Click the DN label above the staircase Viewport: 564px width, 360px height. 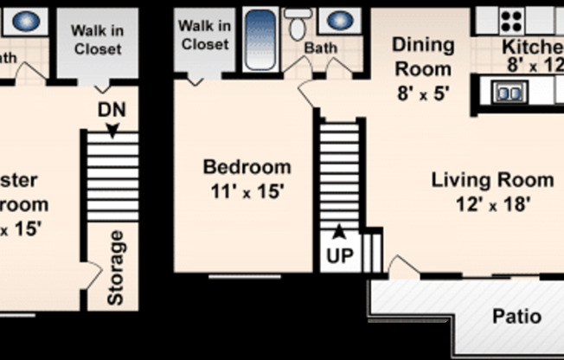point(111,110)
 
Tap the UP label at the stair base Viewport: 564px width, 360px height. point(339,255)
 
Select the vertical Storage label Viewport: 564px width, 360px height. point(116,267)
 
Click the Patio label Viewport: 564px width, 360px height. point(517,317)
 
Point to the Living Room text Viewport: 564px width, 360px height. point(492,181)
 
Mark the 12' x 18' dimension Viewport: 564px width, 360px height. point(492,205)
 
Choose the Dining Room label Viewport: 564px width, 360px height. point(424,56)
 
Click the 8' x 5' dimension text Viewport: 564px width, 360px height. point(424,94)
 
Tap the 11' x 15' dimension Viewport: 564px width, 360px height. point(247,190)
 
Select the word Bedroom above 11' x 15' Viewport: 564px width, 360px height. point(247,167)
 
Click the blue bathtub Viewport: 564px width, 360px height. point(260,40)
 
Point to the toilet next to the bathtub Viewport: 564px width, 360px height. point(298,25)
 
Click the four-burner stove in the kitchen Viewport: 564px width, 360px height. point(512,18)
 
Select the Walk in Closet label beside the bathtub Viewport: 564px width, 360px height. point(205,35)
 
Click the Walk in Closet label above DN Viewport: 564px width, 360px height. point(97,40)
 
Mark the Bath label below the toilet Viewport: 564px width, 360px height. point(321,48)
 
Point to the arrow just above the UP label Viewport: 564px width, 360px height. point(339,231)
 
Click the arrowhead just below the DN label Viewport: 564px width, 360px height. point(111,128)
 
